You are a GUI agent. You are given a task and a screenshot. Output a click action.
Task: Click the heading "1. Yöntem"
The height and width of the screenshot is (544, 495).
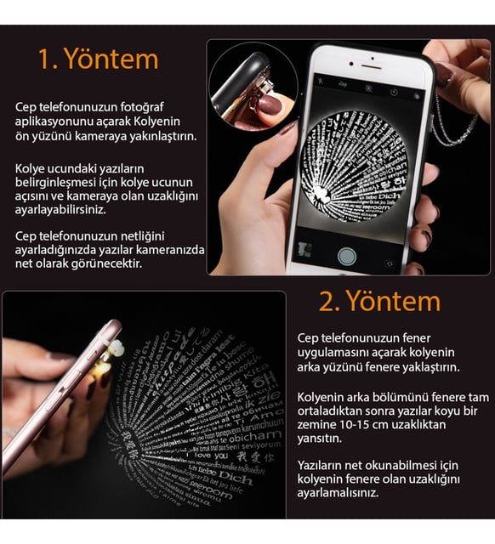coord(98,59)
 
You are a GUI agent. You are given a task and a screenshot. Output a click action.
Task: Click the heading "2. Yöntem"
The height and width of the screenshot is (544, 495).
coord(379,301)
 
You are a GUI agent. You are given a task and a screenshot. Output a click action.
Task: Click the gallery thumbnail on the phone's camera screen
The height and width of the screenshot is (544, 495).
coord(303,251)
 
